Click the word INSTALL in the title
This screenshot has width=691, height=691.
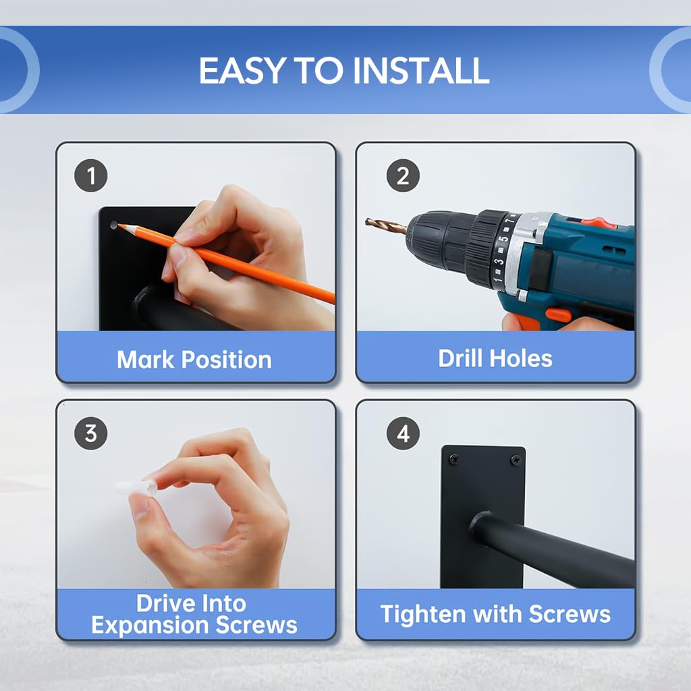tap(421, 70)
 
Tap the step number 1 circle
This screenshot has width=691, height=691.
tap(91, 175)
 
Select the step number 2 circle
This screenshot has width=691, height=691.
tap(403, 175)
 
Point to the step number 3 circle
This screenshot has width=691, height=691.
tap(91, 433)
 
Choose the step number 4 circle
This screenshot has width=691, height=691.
tap(403, 433)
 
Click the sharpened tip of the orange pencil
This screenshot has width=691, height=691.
tap(119, 225)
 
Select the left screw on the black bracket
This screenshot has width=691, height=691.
tap(453, 460)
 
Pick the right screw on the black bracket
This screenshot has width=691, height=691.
tap(515, 460)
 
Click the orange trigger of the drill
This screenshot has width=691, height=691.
tap(558, 316)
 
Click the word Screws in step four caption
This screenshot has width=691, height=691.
tap(570, 614)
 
